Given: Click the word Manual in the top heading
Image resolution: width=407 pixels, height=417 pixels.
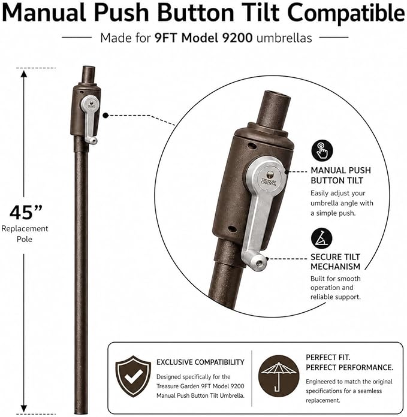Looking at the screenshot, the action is (x=44, y=13).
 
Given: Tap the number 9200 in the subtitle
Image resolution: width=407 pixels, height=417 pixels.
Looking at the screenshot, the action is (x=237, y=38).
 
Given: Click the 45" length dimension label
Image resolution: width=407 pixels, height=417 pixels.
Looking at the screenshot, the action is (x=26, y=212).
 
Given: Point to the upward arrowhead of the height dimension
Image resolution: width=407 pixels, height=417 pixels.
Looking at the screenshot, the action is (x=24, y=74).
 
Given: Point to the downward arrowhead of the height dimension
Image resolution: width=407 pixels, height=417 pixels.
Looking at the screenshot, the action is (x=24, y=409).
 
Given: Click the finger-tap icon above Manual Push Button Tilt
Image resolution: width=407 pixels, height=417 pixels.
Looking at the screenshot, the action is (x=322, y=150).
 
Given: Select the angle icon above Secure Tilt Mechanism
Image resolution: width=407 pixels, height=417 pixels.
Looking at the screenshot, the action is (x=322, y=238).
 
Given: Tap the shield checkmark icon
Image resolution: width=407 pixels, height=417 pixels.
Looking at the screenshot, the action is (x=133, y=377).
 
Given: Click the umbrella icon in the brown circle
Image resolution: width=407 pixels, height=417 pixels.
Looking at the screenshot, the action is (x=279, y=376).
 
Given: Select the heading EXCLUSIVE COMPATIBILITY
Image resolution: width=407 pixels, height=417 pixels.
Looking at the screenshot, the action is (x=200, y=362).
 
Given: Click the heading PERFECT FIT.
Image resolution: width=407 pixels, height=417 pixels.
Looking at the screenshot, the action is (x=328, y=357).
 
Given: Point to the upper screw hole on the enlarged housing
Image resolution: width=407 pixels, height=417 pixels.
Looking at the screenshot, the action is (x=251, y=146).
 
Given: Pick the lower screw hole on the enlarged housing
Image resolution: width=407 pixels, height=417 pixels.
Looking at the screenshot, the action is (x=232, y=229).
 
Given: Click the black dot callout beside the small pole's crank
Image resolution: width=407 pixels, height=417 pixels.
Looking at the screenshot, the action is (x=105, y=116).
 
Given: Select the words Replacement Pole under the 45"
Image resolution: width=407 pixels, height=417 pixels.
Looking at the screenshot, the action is (x=25, y=234).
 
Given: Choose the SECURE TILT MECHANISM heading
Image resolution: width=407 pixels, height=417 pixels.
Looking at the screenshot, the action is (x=336, y=262).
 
